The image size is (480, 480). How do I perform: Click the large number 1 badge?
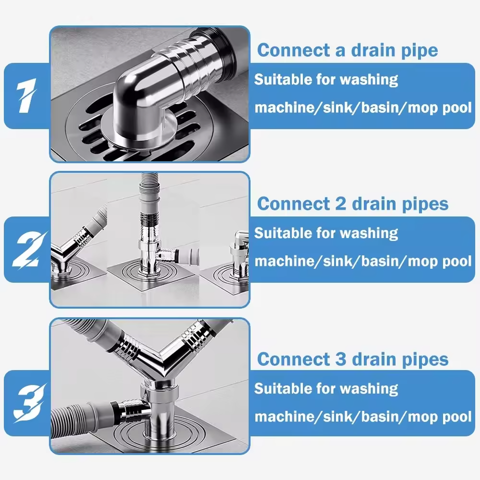(25, 95)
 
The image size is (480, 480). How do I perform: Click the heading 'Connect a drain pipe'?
(347, 50)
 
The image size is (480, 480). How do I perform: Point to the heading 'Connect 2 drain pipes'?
(352, 204)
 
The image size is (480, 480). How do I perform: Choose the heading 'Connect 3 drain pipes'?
(352, 359)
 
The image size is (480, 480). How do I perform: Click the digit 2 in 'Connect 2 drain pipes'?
(340, 203)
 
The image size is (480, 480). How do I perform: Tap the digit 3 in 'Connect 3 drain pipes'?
(340, 358)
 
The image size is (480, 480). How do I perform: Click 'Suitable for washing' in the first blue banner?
(326, 79)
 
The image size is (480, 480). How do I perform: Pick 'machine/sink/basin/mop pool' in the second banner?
(363, 261)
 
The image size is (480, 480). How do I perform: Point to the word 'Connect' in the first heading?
(293, 50)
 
